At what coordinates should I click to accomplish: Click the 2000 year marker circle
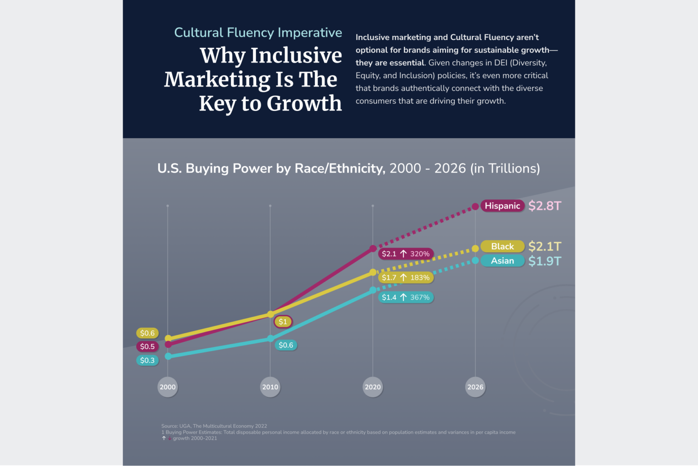coord(167,387)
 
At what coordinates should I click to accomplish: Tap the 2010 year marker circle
coord(270,387)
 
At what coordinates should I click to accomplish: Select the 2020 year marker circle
coord(373,387)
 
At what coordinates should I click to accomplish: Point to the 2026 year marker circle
coord(475,387)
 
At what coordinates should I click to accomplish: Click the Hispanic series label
coord(502,206)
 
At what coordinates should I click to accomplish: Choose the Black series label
coord(502,246)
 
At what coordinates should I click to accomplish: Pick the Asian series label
coord(502,261)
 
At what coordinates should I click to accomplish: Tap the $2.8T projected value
coord(544,206)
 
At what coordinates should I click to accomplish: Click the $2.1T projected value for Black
coord(544,246)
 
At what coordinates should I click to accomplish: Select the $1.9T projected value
coord(544,261)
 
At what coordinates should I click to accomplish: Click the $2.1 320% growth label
coord(405,254)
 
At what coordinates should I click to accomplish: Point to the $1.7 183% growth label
coord(405,278)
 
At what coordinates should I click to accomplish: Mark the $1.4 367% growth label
coord(405,297)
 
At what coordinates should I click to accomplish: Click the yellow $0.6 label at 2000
coord(147,333)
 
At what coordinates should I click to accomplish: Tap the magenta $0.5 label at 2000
coord(147,347)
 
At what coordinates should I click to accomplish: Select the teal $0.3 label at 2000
coord(147,360)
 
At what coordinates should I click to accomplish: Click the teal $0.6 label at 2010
coord(286,345)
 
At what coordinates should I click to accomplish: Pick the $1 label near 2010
coord(283,322)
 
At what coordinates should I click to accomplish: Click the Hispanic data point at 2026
coord(475,207)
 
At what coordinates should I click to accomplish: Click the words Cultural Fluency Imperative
coord(258,33)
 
